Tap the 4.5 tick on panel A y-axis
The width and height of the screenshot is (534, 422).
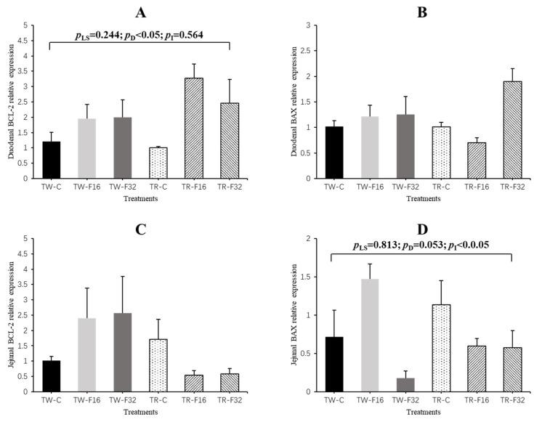click(x=27, y=41)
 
